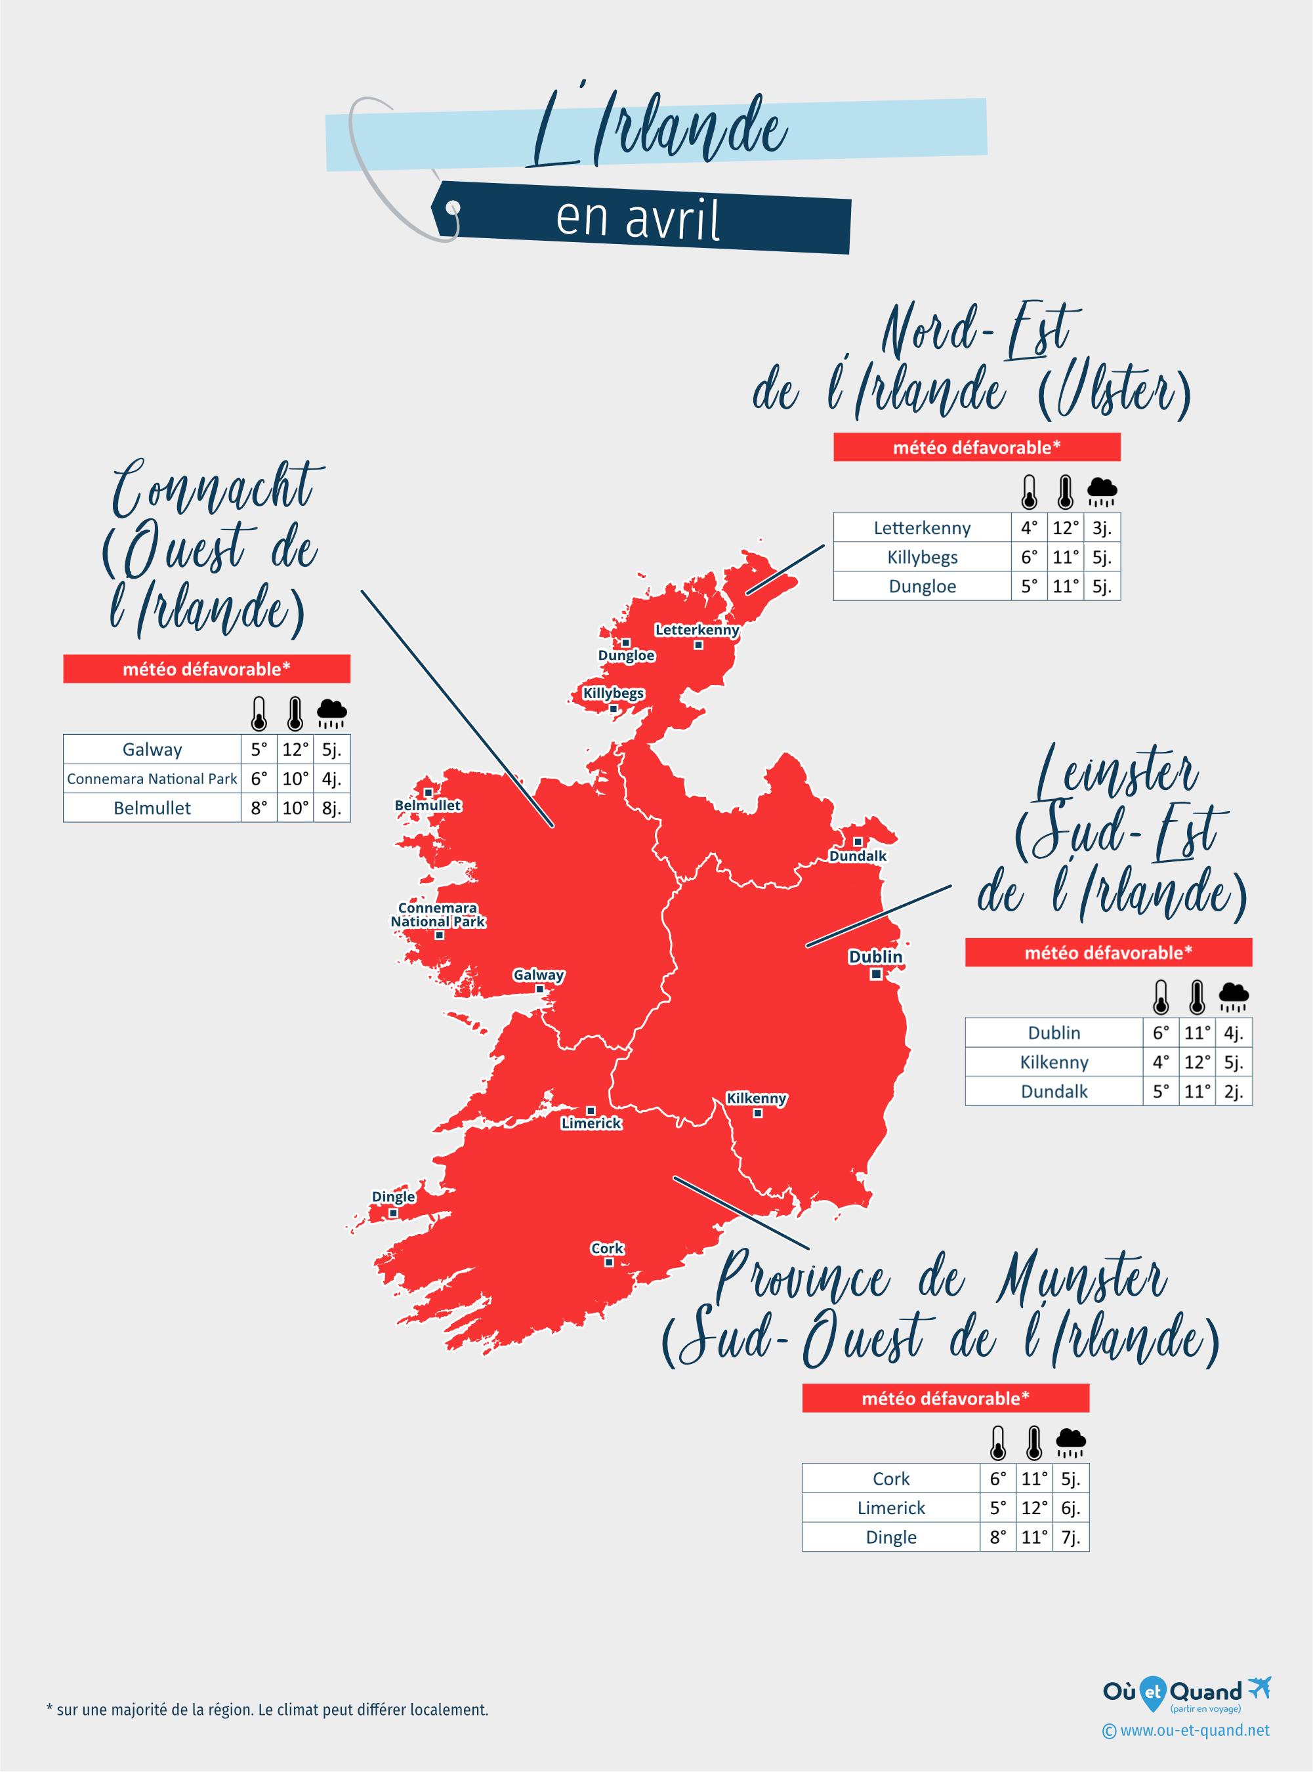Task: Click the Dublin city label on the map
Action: (875, 956)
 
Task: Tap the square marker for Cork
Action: (609, 1262)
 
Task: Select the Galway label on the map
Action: (538, 975)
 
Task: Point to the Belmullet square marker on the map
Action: (428, 793)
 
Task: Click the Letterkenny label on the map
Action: (697, 630)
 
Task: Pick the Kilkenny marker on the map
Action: (757, 1113)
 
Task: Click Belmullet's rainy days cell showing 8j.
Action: (331, 808)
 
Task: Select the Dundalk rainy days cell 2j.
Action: (1233, 1092)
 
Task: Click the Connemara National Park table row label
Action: (152, 779)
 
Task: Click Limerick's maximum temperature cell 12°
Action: (1034, 1508)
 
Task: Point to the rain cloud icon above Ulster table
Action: (1102, 492)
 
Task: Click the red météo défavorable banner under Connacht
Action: (207, 669)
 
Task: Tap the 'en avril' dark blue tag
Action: (640, 218)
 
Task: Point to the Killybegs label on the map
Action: (613, 693)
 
